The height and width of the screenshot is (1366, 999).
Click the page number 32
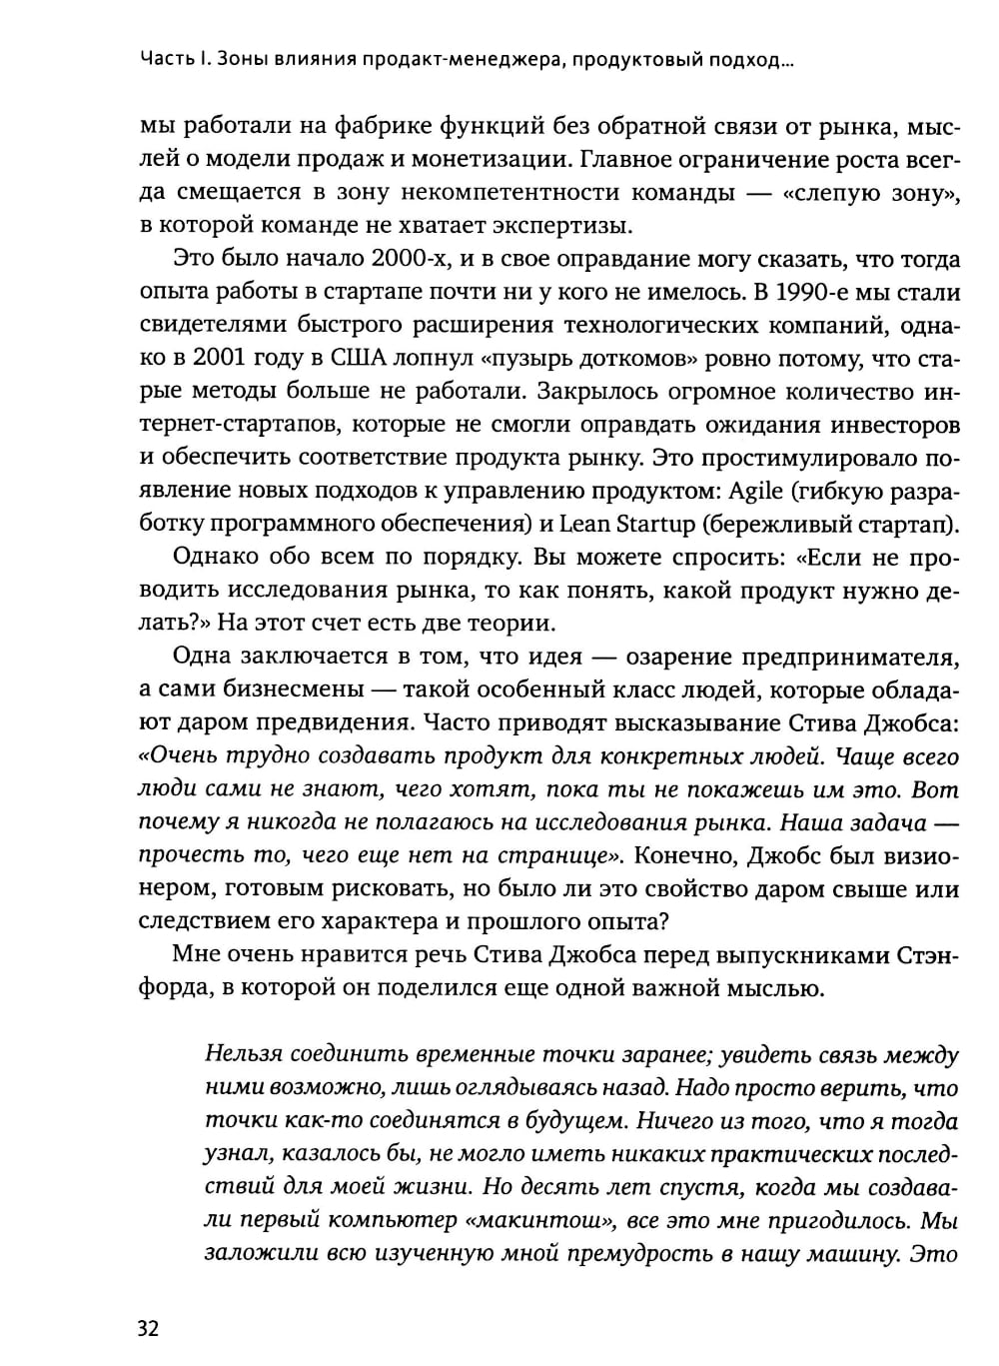click(x=148, y=1329)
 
